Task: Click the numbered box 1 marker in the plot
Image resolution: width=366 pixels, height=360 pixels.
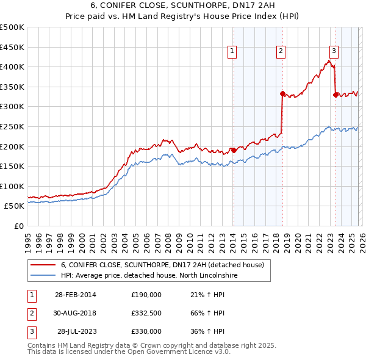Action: coord(233,52)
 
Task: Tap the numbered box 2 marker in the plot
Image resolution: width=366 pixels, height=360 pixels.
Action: coord(281,52)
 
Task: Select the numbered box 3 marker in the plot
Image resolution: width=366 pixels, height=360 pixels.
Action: coord(334,52)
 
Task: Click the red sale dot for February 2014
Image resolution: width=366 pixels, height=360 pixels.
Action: coord(234,150)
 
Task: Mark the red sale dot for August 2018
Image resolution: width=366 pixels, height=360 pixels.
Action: coord(282,93)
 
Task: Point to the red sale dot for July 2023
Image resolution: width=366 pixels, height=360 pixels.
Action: coord(335,95)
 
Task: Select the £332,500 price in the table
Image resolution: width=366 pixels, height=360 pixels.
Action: coord(146,313)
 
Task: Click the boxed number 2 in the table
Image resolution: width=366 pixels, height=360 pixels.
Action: coord(30,313)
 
